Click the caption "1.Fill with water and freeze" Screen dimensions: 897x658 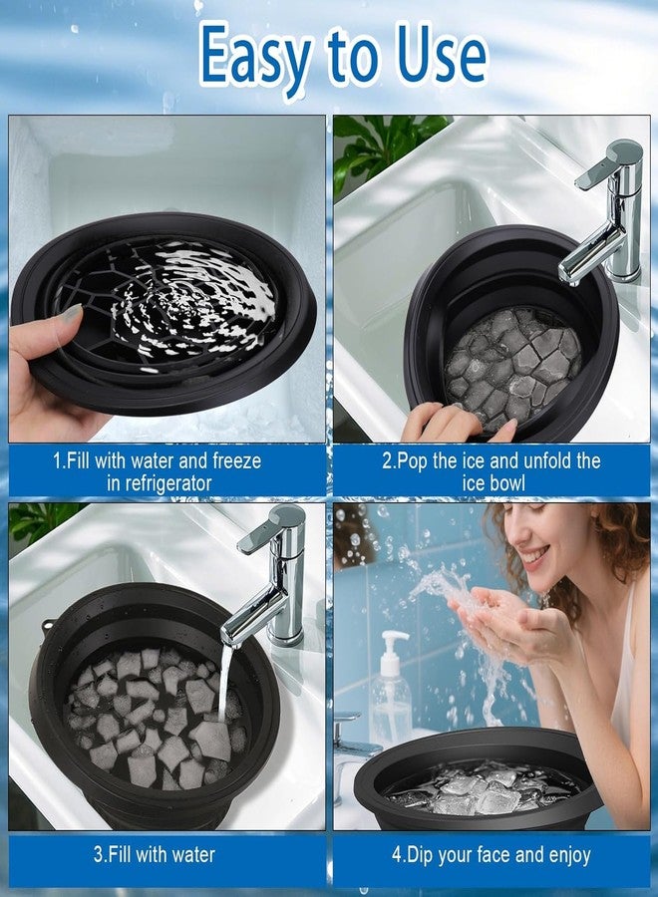pyautogui.click(x=157, y=460)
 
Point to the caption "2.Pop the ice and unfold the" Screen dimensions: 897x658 pyautogui.click(x=492, y=460)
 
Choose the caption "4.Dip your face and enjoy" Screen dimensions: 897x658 pyautogui.click(x=492, y=854)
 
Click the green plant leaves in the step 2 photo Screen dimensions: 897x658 pyautogui.click(x=384, y=145)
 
